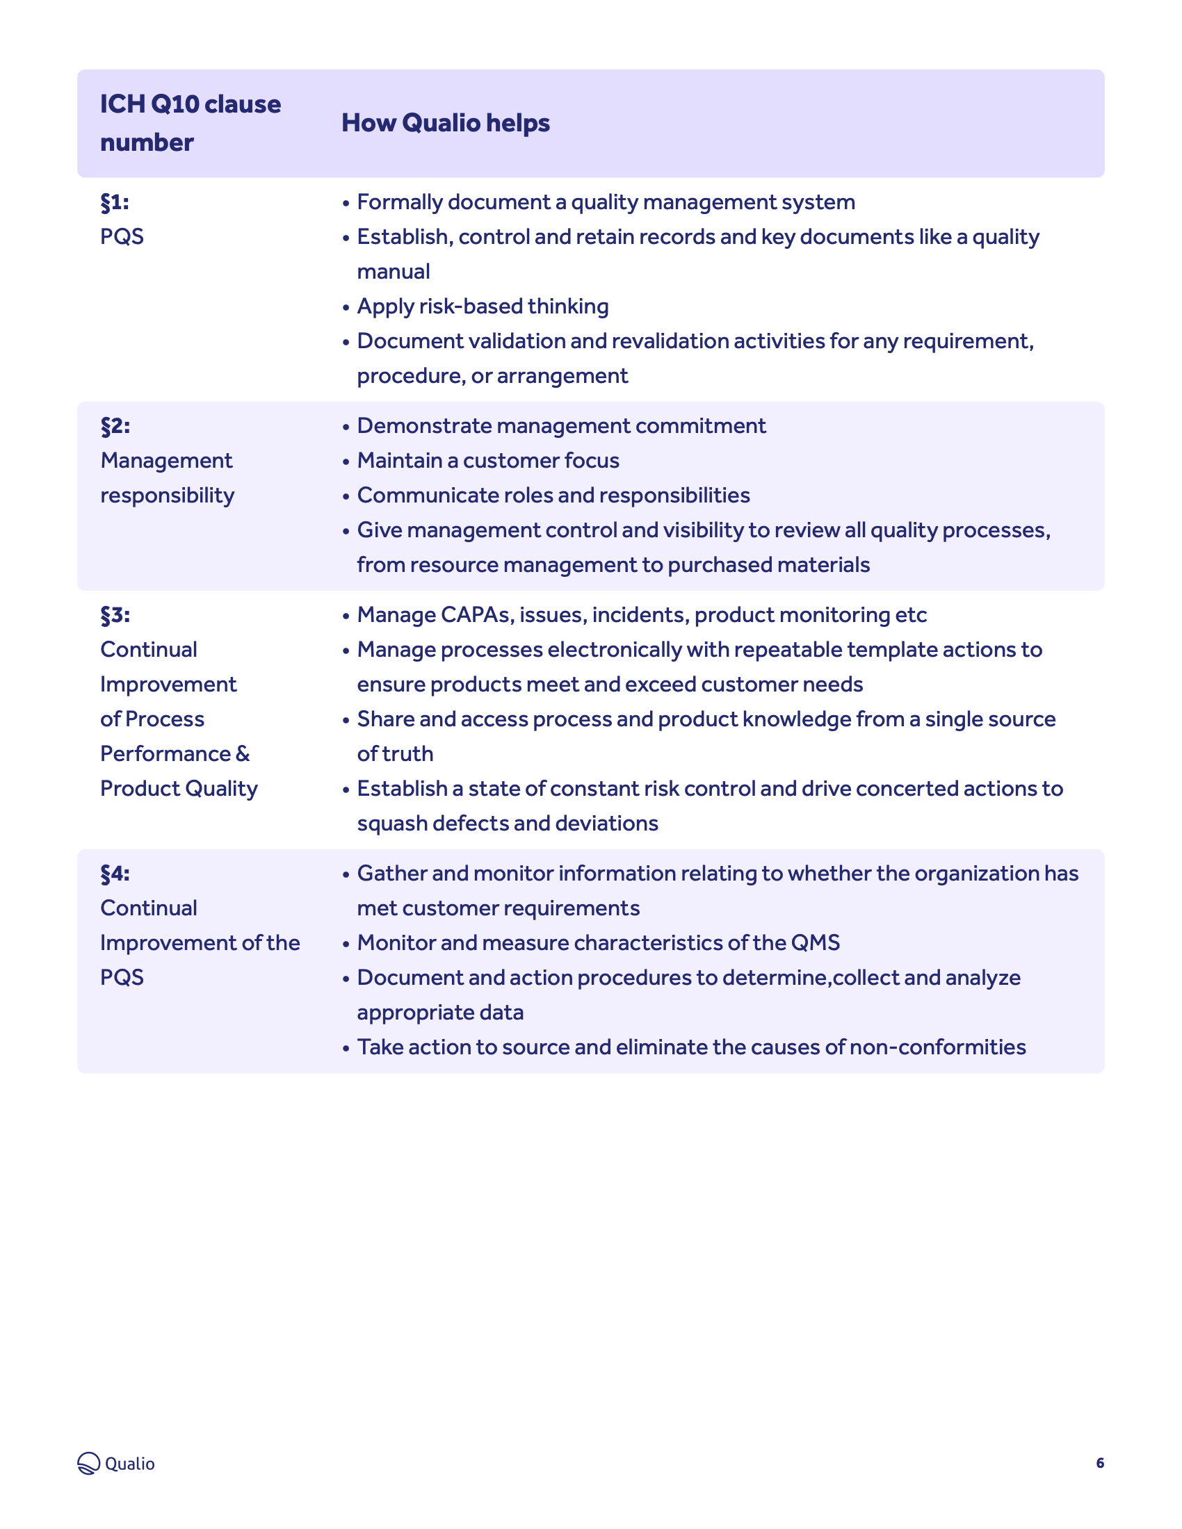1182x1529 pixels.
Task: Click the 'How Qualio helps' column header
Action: pyautogui.click(x=446, y=123)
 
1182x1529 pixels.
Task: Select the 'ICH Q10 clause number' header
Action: pyautogui.click(x=190, y=123)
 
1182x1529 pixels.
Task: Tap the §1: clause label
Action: pyautogui.click(x=115, y=202)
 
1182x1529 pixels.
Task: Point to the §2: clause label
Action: pyautogui.click(x=115, y=425)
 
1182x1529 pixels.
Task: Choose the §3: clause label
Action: pyautogui.click(x=115, y=614)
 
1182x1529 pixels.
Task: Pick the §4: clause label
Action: pyautogui.click(x=115, y=873)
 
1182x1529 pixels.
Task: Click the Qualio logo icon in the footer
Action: pyautogui.click(x=89, y=1462)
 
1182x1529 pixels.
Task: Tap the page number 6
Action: pyautogui.click(x=1100, y=1462)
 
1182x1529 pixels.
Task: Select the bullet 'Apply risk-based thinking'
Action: pyautogui.click(x=483, y=306)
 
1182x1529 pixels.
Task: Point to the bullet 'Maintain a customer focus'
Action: pyautogui.click(x=488, y=461)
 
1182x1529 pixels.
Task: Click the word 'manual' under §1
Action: pyautogui.click(x=394, y=272)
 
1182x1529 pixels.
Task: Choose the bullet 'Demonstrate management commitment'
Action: pyautogui.click(x=562, y=425)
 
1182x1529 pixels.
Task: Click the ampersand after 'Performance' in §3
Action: pyautogui.click(x=242, y=754)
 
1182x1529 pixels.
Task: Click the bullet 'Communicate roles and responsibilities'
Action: pyautogui.click(x=553, y=496)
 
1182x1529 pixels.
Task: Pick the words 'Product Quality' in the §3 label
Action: pyautogui.click(x=179, y=789)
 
